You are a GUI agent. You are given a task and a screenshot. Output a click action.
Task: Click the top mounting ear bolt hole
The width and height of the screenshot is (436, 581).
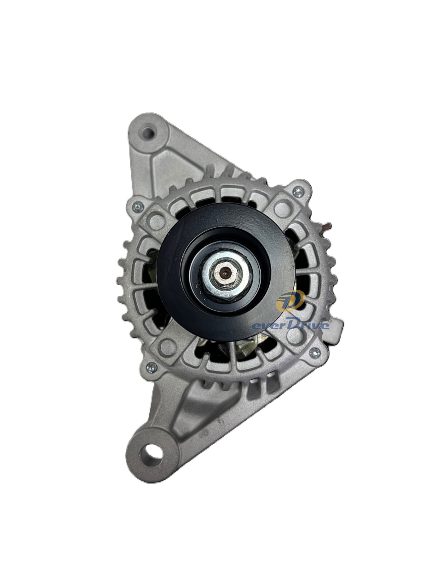148,130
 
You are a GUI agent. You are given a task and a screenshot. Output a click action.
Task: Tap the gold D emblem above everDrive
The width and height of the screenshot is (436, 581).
290,299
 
